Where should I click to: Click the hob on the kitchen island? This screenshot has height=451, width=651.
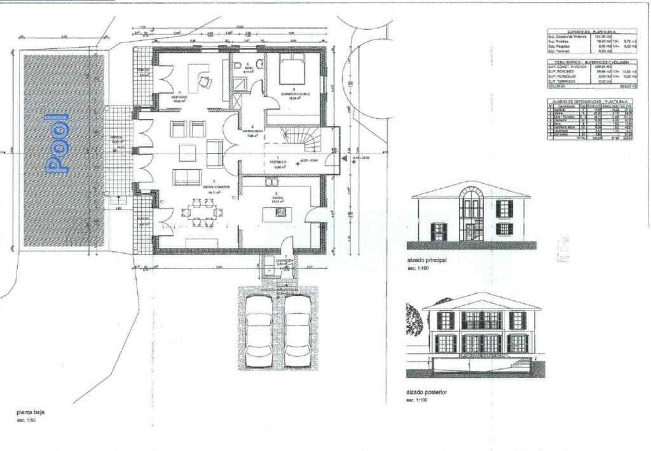click(280, 213)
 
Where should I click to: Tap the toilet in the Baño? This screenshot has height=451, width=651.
click(259, 64)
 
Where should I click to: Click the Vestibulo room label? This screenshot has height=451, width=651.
click(277, 163)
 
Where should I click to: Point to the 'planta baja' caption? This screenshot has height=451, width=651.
click(31, 412)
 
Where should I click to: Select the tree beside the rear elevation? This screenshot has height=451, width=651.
click(413, 319)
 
